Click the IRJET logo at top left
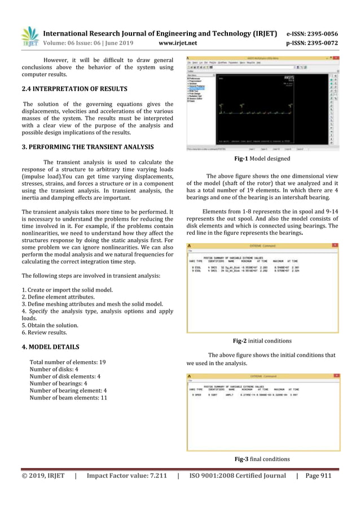(x=30, y=37)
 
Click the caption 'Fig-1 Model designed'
(x=262, y=159)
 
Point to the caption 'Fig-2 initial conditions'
(x=262, y=341)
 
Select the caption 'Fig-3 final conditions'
(x=262, y=459)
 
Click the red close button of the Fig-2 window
(x=335, y=245)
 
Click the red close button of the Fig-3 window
(x=335, y=375)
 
